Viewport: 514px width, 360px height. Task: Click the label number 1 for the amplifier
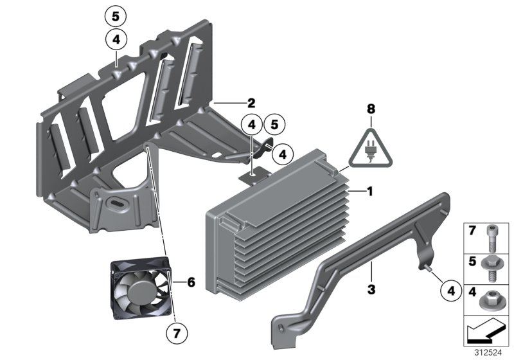[x=369, y=191]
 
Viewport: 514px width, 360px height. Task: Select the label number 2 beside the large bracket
[x=251, y=102]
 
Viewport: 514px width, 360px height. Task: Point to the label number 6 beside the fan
[x=190, y=281]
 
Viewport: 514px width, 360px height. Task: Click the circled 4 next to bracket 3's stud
[x=452, y=291]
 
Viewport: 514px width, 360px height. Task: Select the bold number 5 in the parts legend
[x=472, y=262]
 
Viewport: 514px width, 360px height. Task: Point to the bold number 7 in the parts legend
[x=472, y=231]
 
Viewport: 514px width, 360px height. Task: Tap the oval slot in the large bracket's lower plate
[x=121, y=204]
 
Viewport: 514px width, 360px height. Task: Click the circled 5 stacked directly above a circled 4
[x=116, y=16]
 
